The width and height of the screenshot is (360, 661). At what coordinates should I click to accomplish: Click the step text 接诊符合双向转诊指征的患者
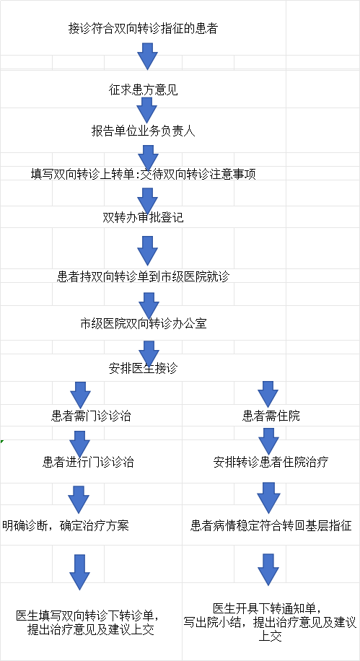pos(143,28)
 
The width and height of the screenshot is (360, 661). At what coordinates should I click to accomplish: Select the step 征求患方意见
pos(144,89)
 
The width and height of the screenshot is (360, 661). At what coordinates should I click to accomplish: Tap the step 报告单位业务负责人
pos(144,131)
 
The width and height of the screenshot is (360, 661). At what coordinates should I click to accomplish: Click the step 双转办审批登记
pos(144,217)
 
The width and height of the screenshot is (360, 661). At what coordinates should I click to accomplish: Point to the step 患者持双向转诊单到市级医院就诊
pos(144,276)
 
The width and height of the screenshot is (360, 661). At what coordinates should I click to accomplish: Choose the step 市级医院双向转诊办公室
pos(144,323)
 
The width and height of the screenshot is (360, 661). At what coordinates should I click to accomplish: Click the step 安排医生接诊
pos(144,368)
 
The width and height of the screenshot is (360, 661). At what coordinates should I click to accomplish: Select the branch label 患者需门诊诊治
pos(91,416)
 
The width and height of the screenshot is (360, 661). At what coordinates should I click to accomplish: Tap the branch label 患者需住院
pos(271,416)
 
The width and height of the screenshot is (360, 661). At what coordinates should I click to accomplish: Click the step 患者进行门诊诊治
pos(88,462)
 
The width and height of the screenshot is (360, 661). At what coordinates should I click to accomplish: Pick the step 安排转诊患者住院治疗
pos(271,462)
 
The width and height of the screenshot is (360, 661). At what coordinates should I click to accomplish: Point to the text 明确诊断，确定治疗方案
pos(66,525)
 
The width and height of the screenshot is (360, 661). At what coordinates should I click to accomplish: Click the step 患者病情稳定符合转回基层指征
pos(271,525)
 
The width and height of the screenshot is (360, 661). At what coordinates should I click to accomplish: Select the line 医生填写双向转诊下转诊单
pos(88,615)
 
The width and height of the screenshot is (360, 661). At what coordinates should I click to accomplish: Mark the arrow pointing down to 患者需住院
pos(268,394)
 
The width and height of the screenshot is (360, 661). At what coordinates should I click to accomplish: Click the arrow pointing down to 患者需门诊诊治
pos(81,395)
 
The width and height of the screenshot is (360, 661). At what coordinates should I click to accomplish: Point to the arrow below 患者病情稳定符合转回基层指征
pos(268,570)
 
